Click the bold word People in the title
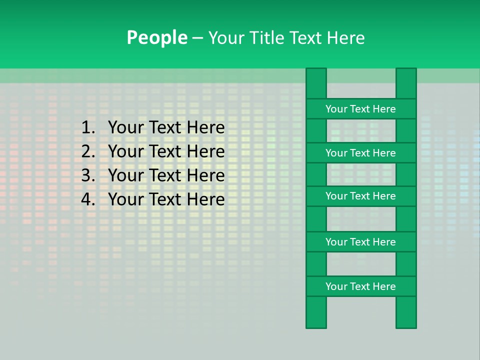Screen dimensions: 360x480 (x=157, y=37)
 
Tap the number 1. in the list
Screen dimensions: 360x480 (x=88, y=128)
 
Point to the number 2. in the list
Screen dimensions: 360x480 (x=88, y=151)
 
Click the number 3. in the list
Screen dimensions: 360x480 (x=88, y=175)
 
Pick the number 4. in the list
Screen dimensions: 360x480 (x=88, y=199)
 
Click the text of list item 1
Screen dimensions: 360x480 (x=166, y=128)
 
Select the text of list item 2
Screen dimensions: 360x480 (x=166, y=151)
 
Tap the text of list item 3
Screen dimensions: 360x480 (x=166, y=175)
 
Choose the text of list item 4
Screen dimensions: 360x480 (x=166, y=199)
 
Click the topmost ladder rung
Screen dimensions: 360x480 (x=360, y=109)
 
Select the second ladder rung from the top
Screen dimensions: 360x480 (x=360, y=153)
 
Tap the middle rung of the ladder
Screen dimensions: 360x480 (x=360, y=196)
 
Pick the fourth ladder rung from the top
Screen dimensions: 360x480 (x=360, y=242)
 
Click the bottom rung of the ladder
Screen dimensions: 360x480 (x=360, y=286)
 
